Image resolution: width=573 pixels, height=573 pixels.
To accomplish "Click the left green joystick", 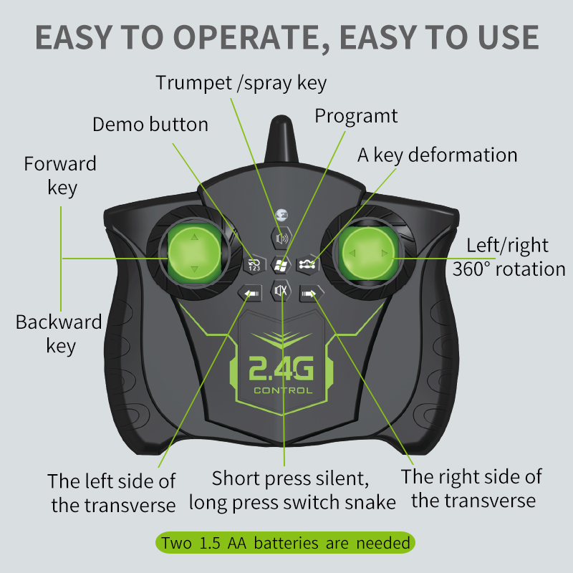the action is click(194, 253).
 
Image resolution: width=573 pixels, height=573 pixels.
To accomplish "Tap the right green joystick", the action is click(368, 253).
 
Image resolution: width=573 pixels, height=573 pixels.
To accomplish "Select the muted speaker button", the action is click(281, 291).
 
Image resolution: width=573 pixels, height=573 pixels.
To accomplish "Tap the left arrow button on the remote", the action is click(250, 293).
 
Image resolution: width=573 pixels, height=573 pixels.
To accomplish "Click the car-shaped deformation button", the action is click(307, 264).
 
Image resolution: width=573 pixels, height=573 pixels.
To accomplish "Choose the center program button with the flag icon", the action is click(281, 264).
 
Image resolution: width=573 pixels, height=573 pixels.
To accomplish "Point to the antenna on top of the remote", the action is click(281, 140).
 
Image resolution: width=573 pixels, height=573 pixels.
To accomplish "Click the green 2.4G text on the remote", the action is click(281, 368).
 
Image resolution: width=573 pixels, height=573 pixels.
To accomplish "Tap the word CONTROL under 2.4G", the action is click(283, 390).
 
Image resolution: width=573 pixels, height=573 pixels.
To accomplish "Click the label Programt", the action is click(356, 117).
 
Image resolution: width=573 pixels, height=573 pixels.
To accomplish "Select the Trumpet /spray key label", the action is click(241, 83).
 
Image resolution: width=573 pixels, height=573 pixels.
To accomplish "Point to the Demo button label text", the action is click(150, 125).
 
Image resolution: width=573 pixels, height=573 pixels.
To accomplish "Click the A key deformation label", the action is click(438, 155).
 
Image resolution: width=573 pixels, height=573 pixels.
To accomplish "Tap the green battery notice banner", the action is click(285, 543).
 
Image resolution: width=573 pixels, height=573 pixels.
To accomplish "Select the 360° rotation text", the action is click(509, 269).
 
